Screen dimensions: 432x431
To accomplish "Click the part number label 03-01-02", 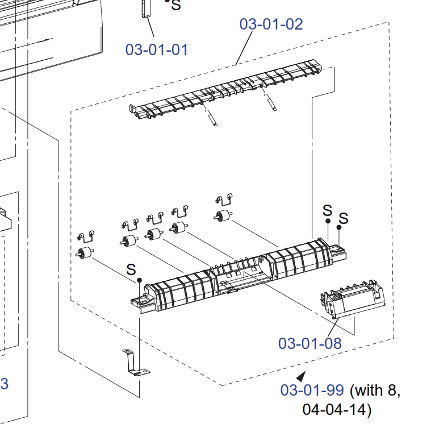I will (271, 24).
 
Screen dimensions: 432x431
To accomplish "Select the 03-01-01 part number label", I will (156, 49).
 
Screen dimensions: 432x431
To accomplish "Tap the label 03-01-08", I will (309, 343).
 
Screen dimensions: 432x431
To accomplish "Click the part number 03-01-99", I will (312, 391).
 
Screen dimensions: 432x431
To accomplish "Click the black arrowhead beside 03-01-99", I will (301, 376).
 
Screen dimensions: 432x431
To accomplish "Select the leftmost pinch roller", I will (85, 254).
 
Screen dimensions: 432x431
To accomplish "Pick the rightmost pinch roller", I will (222, 216).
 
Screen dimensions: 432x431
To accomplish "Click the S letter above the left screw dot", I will (131, 268).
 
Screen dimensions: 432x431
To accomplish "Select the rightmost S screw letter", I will (344, 218).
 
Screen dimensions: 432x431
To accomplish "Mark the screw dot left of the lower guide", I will (139, 280).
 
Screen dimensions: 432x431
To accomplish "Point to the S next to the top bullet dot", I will (176, 6).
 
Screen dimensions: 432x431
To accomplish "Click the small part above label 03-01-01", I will (145, 9).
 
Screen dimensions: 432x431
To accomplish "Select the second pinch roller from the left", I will (130, 240).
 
